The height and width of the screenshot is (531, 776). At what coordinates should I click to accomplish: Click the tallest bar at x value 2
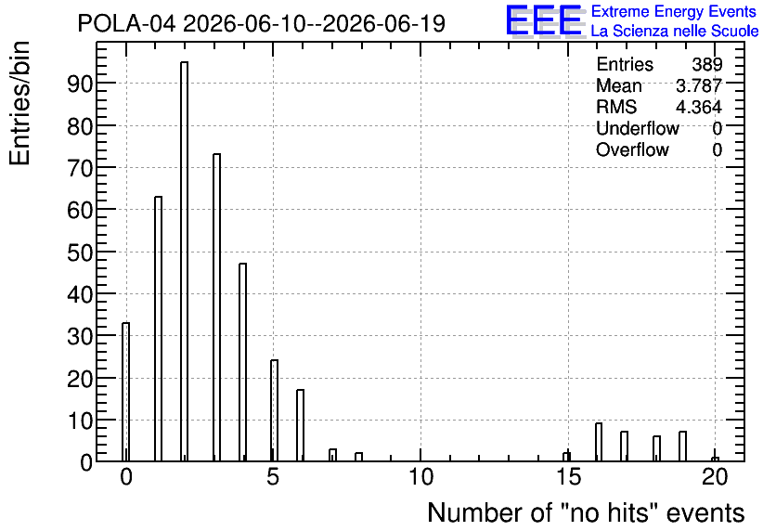184,262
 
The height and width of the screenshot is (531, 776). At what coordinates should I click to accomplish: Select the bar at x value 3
217,308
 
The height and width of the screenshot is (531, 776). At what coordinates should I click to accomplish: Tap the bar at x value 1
159,330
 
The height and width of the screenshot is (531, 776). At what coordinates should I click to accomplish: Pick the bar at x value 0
125,392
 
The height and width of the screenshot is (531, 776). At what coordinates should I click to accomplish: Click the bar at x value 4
242,362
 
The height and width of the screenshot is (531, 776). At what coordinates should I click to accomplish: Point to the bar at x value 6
301,425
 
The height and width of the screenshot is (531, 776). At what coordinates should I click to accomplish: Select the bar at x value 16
599,443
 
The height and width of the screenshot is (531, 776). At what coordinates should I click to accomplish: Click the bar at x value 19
682,447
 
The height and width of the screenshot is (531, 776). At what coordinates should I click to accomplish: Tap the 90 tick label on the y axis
80,84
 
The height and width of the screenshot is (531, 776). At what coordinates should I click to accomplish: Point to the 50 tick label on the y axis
80,253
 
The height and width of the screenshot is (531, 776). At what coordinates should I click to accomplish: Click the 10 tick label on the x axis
420,477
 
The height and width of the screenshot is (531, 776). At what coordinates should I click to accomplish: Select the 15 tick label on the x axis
568,477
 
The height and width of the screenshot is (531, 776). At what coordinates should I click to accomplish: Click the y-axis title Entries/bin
20,103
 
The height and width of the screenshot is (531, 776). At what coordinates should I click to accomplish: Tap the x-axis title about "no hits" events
586,512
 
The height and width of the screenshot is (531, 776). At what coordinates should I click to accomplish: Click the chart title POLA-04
126,23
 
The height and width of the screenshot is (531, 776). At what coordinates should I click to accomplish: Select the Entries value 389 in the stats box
707,64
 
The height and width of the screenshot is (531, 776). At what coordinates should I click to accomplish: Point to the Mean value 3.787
699,85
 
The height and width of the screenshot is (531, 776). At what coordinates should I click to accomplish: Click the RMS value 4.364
699,107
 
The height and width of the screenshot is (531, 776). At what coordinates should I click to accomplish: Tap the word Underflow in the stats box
638,128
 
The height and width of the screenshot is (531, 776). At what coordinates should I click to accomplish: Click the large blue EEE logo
544,20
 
